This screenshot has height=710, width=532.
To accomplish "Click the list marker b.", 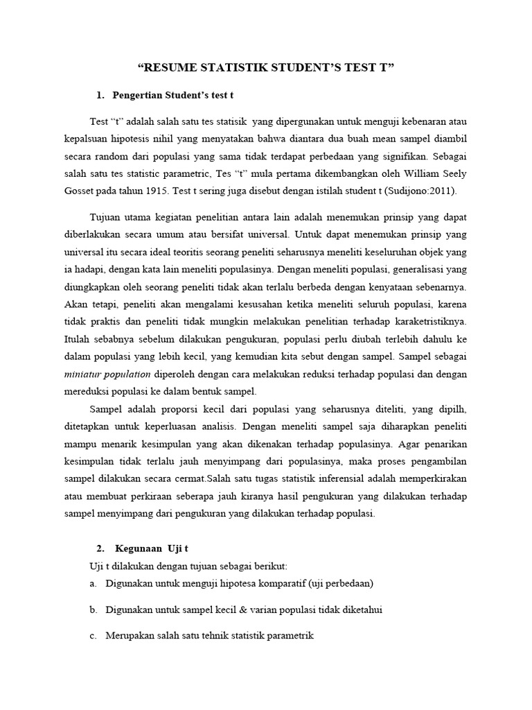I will (93, 609).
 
